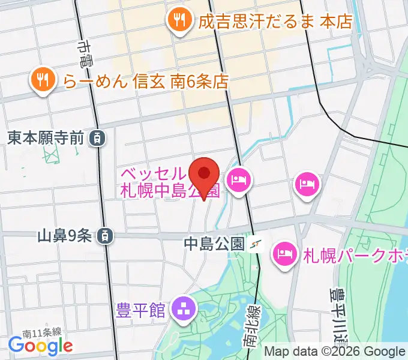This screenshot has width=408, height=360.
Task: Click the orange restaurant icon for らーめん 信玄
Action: [x=42, y=80]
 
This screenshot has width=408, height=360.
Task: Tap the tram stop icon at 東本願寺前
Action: [x=97, y=138]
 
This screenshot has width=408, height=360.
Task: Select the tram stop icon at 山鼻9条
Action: [x=106, y=236]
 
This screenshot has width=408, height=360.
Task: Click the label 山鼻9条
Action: [x=64, y=236]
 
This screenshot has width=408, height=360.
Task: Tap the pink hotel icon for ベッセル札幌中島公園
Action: [x=239, y=179]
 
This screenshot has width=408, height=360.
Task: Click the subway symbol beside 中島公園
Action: [x=257, y=244]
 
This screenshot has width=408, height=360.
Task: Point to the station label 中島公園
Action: [x=214, y=244]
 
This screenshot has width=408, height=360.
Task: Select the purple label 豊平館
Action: [x=142, y=310]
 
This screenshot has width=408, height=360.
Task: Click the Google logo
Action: [x=40, y=346]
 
